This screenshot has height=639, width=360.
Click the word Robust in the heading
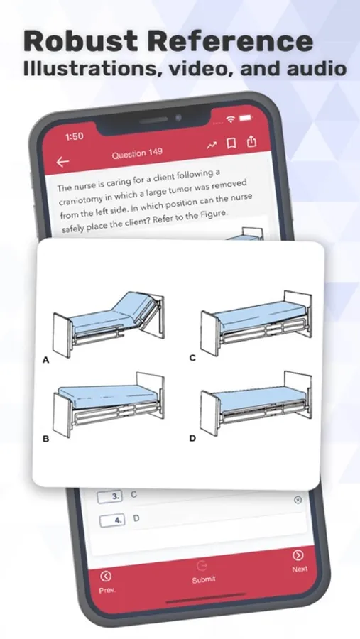pos(82,40)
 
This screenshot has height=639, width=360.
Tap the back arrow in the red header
pos(62,162)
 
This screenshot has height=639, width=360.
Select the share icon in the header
pos(252,141)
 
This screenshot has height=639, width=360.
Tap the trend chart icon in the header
pos(212,145)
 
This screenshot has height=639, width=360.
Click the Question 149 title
pos(137,153)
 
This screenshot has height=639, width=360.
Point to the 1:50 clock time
pos(75,136)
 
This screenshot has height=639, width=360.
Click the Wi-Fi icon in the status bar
pos(231,119)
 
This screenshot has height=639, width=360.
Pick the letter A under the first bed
pos(45,360)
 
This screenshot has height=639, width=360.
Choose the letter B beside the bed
pos(45,439)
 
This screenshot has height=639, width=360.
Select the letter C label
pos(192,359)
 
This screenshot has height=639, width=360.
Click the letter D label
pos(192,438)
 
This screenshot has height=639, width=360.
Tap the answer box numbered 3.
pos(110,496)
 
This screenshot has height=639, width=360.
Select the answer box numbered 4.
pos(112,520)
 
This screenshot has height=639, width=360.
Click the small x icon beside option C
pos(298,500)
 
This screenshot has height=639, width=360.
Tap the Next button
pos(299,562)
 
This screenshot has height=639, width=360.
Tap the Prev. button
pos(107,582)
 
